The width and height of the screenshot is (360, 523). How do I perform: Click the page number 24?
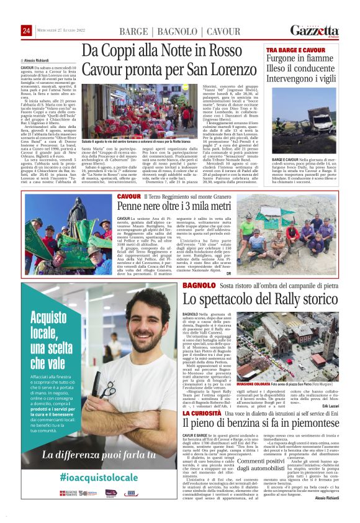pyautogui.click(x=26, y=30)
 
